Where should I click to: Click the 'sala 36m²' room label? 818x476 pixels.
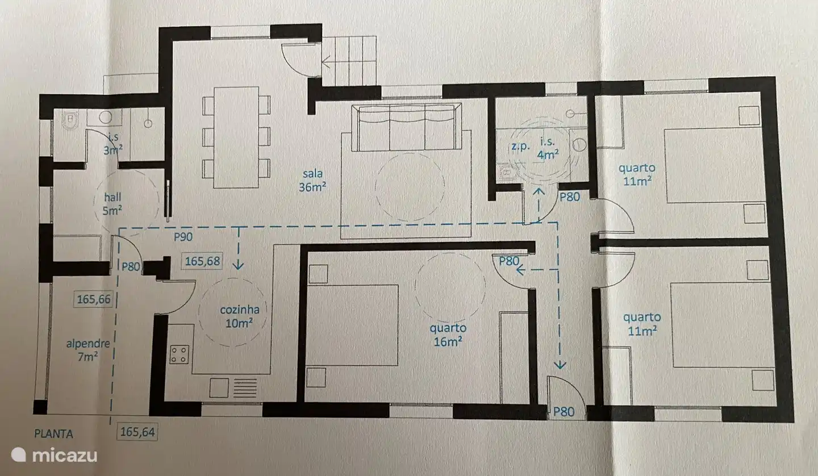pyautogui.click(x=312, y=181)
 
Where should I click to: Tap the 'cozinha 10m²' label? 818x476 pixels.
pyautogui.click(x=240, y=316)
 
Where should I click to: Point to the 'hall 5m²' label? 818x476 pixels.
pyautogui.click(x=112, y=204)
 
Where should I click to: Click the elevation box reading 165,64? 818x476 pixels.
pyautogui.click(x=137, y=432)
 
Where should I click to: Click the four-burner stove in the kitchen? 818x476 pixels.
pyautogui.click(x=179, y=354)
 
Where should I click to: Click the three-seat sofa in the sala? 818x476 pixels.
pyautogui.click(x=406, y=128)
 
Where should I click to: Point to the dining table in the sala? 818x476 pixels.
pyautogui.click(x=236, y=137)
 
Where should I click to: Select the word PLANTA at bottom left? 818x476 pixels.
pyautogui.click(x=54, y=434)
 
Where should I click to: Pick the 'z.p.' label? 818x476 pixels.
pyautogui.click(x=520, y=146)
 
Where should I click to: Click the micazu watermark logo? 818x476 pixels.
pyautogui.click(x=54, y=454)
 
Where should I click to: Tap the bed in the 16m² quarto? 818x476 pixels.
pyautogui.click(x=352, y=324)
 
